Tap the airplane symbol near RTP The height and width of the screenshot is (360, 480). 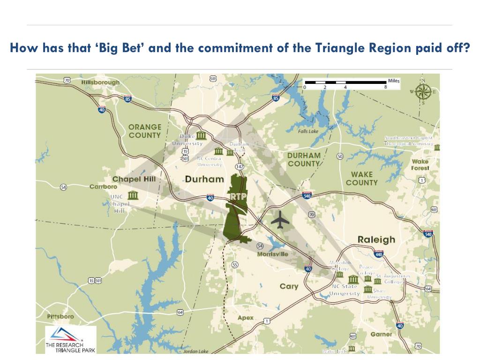[280, 220]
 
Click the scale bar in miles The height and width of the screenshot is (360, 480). [345, 82]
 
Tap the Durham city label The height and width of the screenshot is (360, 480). [204, 179]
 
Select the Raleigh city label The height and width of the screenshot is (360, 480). [376, 240]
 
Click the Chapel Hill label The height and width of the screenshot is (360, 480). [134, 179]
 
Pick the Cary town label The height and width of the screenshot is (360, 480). [289, 286]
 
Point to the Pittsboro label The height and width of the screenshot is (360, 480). [60, 316]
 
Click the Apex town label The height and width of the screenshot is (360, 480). [245, 318]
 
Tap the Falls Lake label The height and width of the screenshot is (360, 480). [308, 131]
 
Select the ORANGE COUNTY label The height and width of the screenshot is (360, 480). [145, 131]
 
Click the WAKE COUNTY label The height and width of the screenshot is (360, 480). [362, 178]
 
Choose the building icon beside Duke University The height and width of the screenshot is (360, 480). [201, 135]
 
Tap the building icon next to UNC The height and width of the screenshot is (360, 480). [133, 195]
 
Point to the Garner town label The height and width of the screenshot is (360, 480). [381, 334]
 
